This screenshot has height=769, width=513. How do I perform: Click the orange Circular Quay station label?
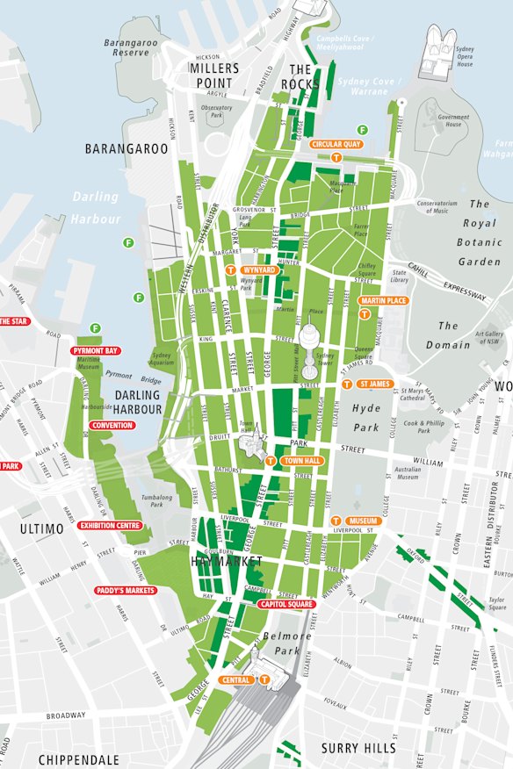pyautogui.click(x=336, y=144)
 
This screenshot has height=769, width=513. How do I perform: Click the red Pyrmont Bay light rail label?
pyautogui.click(x=96, y=351)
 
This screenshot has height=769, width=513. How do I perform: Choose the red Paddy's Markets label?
pyautogui.click(x=126, y=591)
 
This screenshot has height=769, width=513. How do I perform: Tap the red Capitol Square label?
pyautogui.click(x=286, y=604)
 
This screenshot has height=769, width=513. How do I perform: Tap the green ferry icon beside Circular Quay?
pyautogui.click(x=362, y=130)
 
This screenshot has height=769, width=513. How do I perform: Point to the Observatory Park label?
pyautogui.click(x=216, y=111)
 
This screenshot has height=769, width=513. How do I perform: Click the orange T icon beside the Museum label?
pyautogui.click(x=336, y=521)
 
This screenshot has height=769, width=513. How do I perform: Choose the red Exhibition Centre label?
pyautogui.click(x=110, y=526)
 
